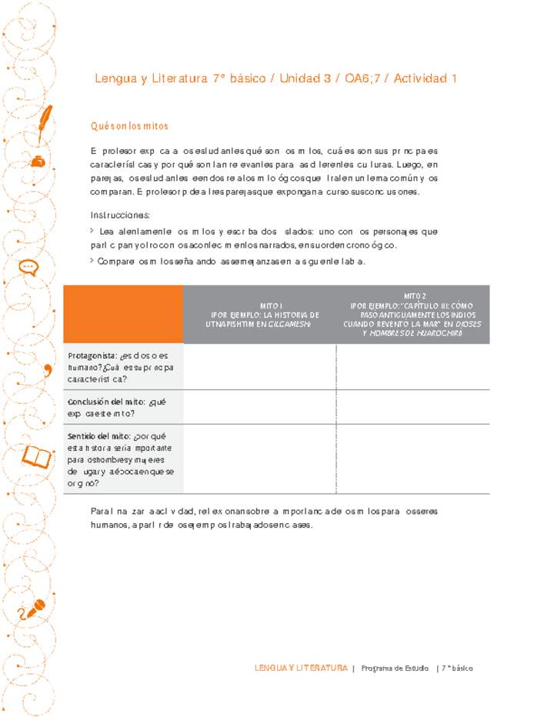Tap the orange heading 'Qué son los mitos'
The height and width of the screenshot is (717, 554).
click(129, 126)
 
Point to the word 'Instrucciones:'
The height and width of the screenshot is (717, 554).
click(120, 215)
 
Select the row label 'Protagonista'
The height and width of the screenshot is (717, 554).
click(91, 355)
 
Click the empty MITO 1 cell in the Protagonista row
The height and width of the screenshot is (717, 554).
click(261, 367)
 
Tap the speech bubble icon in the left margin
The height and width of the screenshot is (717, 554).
click(29, 267)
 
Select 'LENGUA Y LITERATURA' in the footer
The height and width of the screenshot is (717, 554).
click(301, 668)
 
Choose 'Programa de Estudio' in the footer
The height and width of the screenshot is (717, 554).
click(395, 668)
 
